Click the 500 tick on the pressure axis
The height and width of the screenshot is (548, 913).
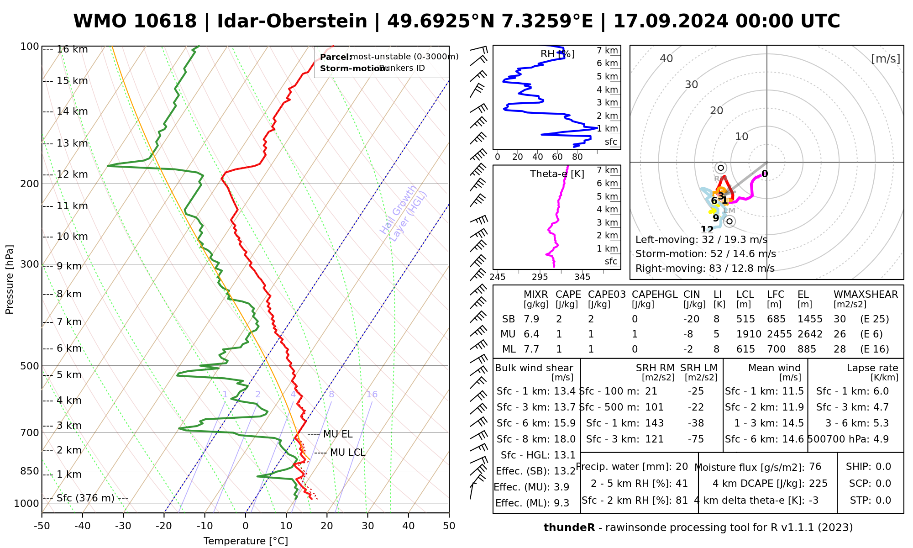coord(30,366)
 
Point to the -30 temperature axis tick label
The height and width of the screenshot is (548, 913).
coord(123,526)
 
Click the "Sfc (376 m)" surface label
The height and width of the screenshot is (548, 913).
coord(85,498)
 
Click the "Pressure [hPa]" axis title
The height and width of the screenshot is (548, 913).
coord(10,279)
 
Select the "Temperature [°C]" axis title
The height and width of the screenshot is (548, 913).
coord(246,541)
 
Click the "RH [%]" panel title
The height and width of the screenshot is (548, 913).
coord(557,54)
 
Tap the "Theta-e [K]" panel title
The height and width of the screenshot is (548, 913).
coord(557,174)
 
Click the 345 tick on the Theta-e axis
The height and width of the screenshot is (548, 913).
coord(582,277)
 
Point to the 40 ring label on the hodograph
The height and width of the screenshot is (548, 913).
coord(666,58)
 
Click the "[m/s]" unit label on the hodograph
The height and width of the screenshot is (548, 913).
coord(886,58)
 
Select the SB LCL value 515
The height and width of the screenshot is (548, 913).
coord(745,319)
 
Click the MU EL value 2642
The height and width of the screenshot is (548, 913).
coord(810,334)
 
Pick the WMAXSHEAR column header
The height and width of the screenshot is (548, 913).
coord(866,295)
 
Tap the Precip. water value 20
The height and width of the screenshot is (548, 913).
coord(682,467)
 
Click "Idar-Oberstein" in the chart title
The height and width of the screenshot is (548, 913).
coord(292,21)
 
